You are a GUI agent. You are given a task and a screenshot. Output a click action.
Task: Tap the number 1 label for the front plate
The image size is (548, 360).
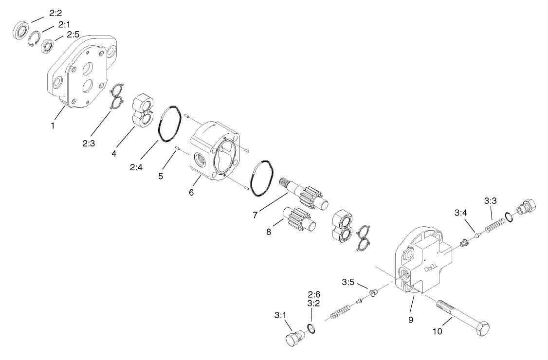tap(52, 126)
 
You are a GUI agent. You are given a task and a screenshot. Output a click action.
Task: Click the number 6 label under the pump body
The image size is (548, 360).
tap(191, 193)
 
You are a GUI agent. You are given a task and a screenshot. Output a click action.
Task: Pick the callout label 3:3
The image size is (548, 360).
tap(490, 200)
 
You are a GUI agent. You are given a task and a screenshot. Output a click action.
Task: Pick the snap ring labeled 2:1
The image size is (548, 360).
tap(35, 39)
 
